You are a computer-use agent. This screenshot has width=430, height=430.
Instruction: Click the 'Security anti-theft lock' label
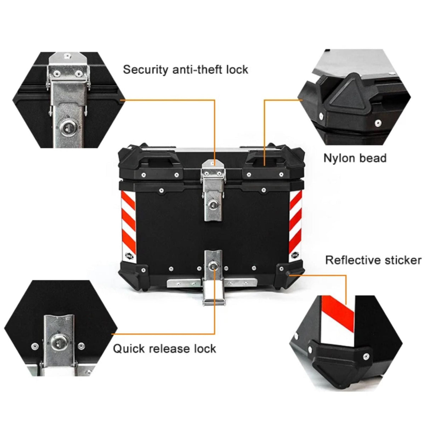[x=185, y=69]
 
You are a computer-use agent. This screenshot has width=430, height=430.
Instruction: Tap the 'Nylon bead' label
[x=355, y=158]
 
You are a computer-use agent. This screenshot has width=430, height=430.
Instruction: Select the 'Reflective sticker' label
[x=373, y=260]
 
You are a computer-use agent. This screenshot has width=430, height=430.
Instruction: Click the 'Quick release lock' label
[x=164, y=349]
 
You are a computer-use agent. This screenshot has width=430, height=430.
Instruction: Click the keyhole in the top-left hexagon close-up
[x=67, y=127]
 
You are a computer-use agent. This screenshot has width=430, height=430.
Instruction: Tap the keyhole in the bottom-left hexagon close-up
[x=57, y=342]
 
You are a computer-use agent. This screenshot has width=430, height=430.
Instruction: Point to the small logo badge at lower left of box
[x=129, y=255]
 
